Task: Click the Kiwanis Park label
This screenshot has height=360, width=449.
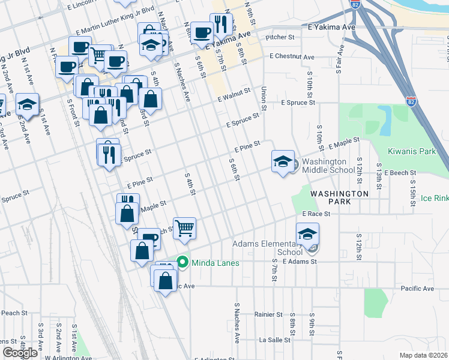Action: [412, 152]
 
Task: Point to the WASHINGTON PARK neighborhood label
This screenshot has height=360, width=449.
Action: [339, 198]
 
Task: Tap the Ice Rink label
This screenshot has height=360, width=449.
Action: [434, 198]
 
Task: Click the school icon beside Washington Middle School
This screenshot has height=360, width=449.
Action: [283, 161]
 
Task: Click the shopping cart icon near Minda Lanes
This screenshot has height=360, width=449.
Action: [185, 228]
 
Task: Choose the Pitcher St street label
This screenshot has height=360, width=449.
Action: [280, 37]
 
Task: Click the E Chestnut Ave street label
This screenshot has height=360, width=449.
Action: [292, 57]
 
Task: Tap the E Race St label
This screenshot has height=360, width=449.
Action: [316, 214]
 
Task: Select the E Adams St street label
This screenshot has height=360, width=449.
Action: [299, 262]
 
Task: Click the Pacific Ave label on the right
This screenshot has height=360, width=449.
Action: [417, 289]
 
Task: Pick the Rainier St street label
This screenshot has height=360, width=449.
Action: [268, 314]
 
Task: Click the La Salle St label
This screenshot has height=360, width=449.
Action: [274, 340]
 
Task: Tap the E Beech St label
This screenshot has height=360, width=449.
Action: [400, 173]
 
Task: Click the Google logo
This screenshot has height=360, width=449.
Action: [20, 353]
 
